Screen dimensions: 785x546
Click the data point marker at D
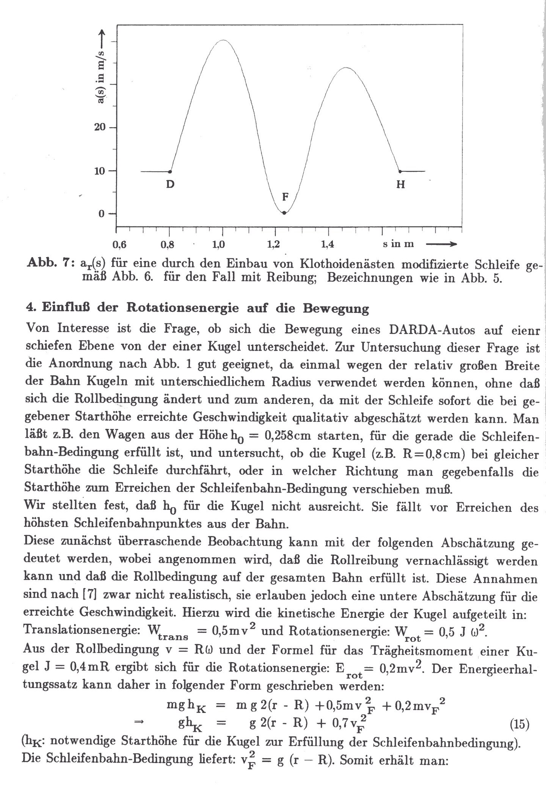point(170,171)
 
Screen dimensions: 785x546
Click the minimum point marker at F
point(284,213)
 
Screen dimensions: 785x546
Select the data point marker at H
point(400,171)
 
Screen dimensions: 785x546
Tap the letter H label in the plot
point(400,185)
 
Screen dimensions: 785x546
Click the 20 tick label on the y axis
point(100,127)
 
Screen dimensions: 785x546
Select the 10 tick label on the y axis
point(100,171)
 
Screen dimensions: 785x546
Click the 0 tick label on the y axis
point(102,214)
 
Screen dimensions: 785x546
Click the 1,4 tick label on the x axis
point(327,245)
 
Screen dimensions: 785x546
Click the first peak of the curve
point(224,40)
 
